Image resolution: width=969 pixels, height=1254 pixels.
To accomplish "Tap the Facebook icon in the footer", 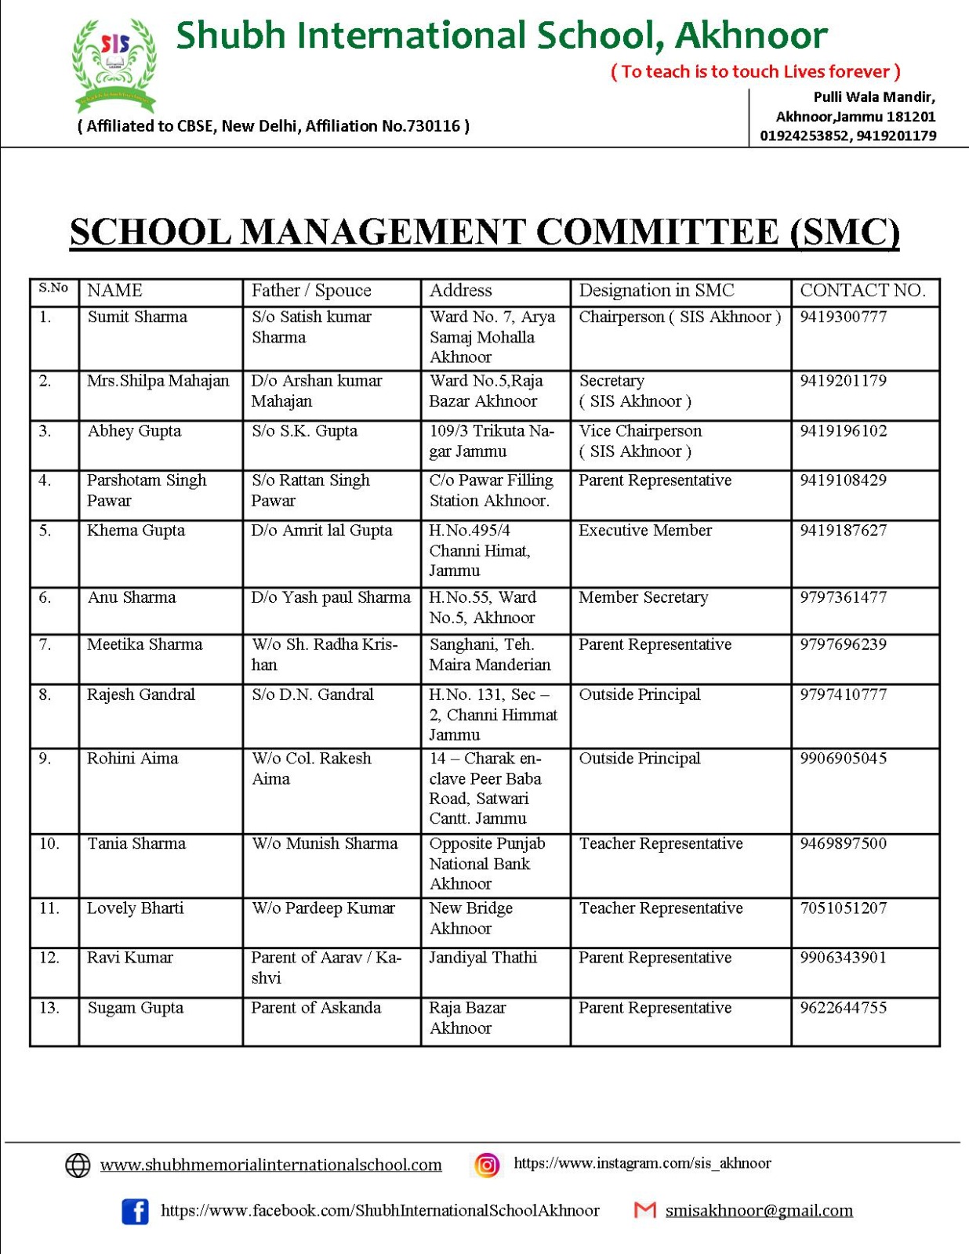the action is (x=135, y=1211).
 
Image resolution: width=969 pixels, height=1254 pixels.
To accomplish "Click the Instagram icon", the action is (x=486, y=1165).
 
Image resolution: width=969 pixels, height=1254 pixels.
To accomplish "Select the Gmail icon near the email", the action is (x=644, y=1211).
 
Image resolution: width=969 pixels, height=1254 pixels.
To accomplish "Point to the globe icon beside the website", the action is (x=78, y=1165).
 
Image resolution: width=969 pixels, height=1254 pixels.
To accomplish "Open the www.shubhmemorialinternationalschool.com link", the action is (x=270, y=1165).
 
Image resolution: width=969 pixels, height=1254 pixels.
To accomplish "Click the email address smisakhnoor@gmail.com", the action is (x=758, y=1211).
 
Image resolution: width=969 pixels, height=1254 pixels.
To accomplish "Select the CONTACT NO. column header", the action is (x=862, y=291).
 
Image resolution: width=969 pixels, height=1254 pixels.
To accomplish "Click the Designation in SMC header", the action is (x=656, y=291).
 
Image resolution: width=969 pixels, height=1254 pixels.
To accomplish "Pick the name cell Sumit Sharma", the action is (x=137, y=317).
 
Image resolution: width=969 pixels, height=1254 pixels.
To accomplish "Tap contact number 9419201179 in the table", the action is (x=843, y=381).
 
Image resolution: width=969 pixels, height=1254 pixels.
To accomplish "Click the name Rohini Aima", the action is (x=132, y=759).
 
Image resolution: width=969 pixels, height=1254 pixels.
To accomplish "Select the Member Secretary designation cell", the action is (x=643, y=597).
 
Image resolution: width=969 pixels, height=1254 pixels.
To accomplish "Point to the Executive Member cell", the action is (x=645, y=531).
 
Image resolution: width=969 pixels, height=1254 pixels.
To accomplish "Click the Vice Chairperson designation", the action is (x=640, y=431).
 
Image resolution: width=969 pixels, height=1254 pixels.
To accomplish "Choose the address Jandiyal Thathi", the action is (x=483, y=958).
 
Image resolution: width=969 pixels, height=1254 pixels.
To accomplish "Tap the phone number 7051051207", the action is (x=843, y=908).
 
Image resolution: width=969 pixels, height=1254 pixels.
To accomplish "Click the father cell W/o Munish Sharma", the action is (x=325, y=844).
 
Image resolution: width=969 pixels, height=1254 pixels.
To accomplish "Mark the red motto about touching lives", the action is (x=755, y=72).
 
